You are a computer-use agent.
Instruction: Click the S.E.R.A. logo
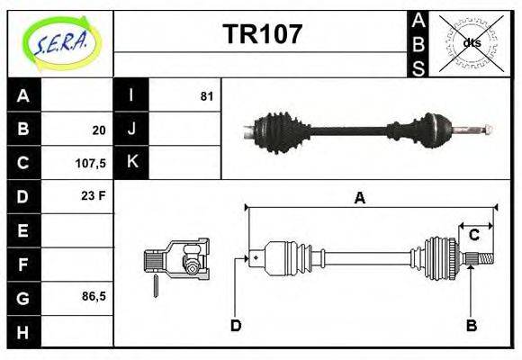[60, 42]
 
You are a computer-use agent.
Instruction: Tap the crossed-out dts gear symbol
[471, 42]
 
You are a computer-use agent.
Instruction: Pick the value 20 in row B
[99, 130]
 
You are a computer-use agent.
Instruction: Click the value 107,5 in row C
[93, 164]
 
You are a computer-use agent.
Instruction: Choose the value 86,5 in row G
[94, 296]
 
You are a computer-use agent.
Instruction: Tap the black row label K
[131, 163]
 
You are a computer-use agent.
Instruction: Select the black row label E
[23, 230]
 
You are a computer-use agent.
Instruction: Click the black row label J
[131, 130]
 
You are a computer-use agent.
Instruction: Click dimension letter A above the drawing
[359, 198]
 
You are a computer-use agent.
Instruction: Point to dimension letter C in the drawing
[474, 235]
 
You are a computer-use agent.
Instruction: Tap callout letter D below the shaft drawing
[236, 325]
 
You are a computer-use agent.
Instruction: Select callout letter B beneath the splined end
[471, 325]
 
